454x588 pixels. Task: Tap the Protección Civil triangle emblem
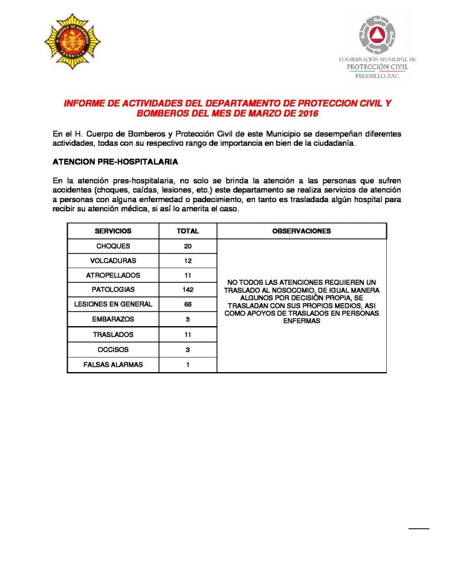[377, 36]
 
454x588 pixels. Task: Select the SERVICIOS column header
[113, 231]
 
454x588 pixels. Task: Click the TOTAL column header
[188, 231]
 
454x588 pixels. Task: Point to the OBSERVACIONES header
[302, 231]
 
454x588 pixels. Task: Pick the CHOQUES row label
[113, 246]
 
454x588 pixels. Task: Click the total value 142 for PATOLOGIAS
[188, 290]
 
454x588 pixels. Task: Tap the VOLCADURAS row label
[113, 261]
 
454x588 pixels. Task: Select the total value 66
[188, 304]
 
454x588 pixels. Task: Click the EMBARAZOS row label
[113, 319]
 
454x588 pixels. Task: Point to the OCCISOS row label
[113, 349]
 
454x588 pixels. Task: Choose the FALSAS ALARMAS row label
[113, 364]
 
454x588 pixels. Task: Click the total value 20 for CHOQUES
[188, 246]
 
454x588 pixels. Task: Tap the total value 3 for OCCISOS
[188, 349]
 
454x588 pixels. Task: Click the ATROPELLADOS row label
[113, 275]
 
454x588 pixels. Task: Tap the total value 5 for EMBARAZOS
[188, 319]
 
